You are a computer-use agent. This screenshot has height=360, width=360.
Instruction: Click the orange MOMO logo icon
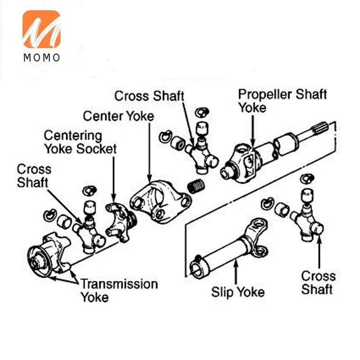pos(41,29)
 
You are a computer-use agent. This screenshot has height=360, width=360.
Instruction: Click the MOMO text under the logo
pos(41,58)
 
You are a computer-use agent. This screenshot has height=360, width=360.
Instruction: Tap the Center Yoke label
pos(118,116)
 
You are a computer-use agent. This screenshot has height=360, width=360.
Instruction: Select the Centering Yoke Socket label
pos(81,142)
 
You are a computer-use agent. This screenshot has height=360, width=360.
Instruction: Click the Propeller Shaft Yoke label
pos(282,101)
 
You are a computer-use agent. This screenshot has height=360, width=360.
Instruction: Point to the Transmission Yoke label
pos(119,290)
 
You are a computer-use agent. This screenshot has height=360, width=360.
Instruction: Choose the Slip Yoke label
pos(238,292)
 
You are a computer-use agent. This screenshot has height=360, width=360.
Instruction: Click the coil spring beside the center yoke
pos(196,185)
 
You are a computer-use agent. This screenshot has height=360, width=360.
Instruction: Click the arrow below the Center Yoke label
pos(149,152)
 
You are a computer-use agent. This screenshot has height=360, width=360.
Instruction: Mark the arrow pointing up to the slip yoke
pos(236,272)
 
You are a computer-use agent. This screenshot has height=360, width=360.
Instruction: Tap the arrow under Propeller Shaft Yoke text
pos(253,131)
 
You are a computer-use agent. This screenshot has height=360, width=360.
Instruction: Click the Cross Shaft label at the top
pos(149,96)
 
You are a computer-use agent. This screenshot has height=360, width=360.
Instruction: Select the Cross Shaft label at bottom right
pos(319,283)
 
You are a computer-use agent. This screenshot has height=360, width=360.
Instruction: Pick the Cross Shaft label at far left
pos(34,176)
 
